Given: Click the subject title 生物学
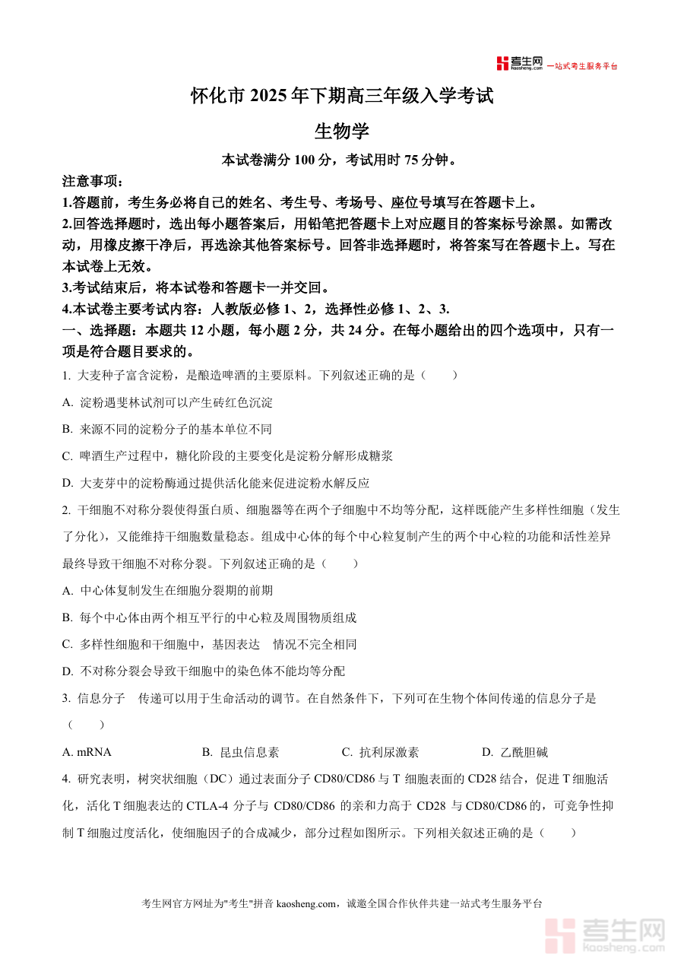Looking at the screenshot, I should tap(342, 131).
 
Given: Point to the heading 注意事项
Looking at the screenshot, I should tap(92, 182).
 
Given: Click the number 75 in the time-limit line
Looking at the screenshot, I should tap(413, 160).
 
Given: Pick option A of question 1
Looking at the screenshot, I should tap(167, 402).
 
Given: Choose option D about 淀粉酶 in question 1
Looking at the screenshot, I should tap(216, 483).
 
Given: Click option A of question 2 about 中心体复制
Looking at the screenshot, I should tap(167, 590).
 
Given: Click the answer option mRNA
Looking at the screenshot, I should tap(87, 752).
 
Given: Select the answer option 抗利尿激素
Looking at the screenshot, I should tap(380, 752).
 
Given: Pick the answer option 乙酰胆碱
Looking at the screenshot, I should tap(515, 752).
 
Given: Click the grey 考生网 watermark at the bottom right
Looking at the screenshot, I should tap(608, 935).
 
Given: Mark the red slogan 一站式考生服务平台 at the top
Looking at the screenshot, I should tap(583, 66).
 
